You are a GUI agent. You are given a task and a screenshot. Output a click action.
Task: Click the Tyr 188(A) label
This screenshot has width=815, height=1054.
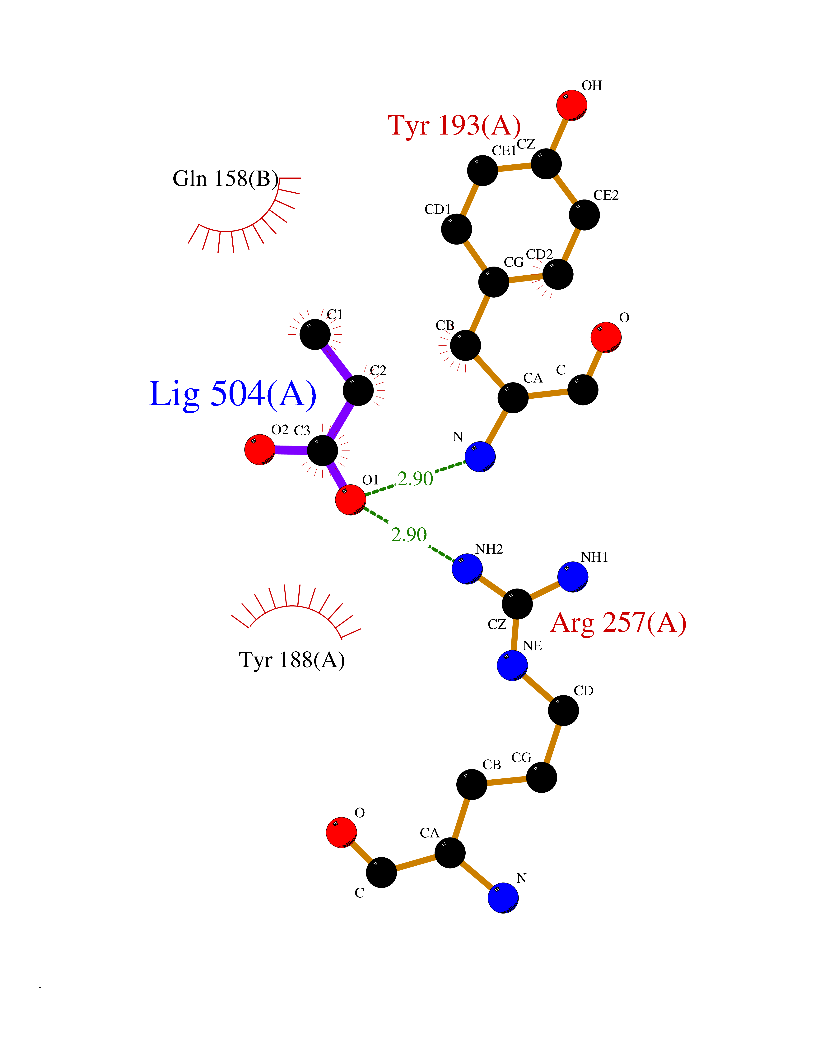(x=292, y=660)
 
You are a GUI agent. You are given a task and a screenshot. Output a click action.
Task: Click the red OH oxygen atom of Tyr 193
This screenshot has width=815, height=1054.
(x=572, y=105)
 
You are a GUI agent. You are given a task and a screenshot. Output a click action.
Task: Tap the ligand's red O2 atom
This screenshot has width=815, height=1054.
(x=260, y=449)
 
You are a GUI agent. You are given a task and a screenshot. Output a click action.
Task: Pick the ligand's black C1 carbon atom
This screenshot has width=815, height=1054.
(x=315, y=334)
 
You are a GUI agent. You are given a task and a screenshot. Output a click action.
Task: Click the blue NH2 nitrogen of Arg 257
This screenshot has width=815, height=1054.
(x=467, y=569)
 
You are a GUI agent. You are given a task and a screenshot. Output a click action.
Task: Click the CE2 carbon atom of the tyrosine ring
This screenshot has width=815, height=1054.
(x=584, y=215)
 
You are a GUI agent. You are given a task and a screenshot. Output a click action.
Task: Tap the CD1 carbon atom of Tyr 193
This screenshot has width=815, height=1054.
(x=456, y=229)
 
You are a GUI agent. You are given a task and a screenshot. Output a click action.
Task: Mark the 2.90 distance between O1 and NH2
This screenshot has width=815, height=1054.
(x=409, y=535)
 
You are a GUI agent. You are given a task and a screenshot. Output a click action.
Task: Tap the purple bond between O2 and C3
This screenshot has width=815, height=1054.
(x=291, y=450)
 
